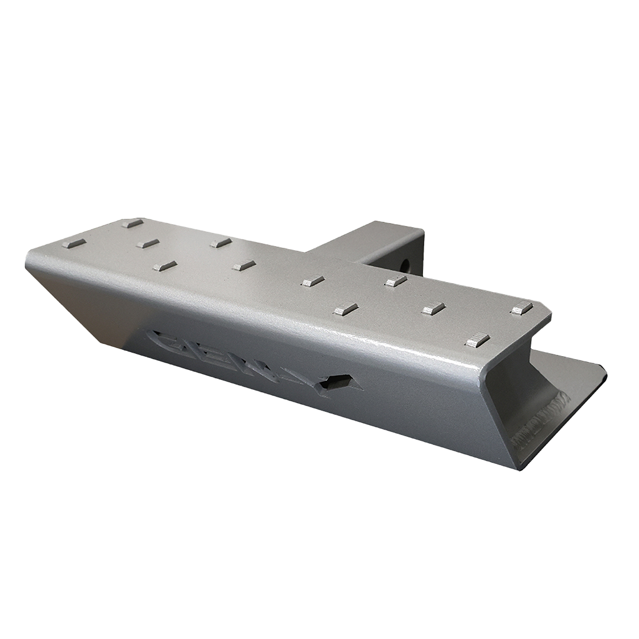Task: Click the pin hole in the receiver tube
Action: pos(405,263)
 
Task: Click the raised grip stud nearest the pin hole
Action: pos(396,281)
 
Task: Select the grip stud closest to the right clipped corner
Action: pos(521,308)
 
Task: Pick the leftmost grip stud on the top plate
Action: pos(74,243)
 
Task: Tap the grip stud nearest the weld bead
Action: pos(477,340)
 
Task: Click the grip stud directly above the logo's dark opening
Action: pos(346,309)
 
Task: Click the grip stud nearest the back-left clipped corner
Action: pos(133,223)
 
